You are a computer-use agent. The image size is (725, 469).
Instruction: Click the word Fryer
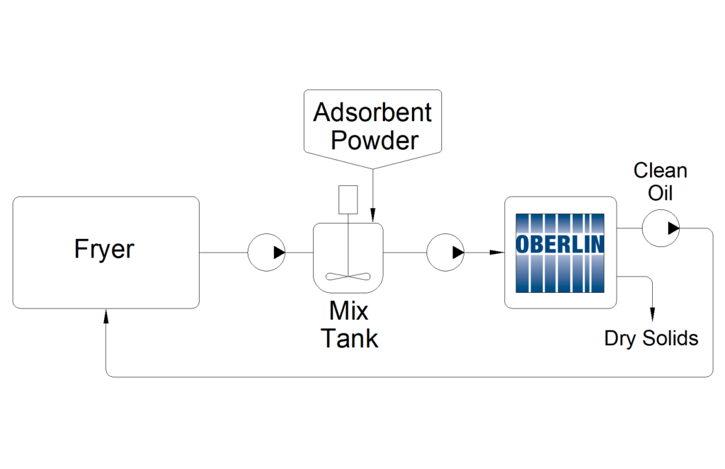pyautogui.click(x=104, y=250)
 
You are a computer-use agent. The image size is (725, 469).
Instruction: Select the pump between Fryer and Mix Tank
pyautogui.click(x=266, y=252)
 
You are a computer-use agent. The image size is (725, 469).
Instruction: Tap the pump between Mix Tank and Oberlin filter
pyautogui.click(x=445, y=252)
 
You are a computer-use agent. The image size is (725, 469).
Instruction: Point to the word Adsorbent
pyautogui.click(x=372, y=112)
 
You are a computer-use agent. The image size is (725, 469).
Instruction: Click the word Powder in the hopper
pyautogui.click(x=375, y=140)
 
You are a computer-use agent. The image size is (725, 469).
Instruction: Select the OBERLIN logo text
pyautogui.click(x=560, y=244)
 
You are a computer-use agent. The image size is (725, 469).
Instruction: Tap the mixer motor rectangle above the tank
pyautogui.click(x=348, y=199)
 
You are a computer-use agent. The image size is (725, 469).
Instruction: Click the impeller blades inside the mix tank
pyautogui.click(x=347, y=277)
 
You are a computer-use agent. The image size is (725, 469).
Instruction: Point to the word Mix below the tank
pyautogui.click(x=348, y=311)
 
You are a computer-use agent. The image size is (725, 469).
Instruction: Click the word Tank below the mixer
pyautogui.click(x=349, y=338)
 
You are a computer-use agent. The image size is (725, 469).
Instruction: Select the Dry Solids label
pyautogui.click(x=651, y=338)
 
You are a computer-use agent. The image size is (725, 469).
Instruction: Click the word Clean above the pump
pyautogui.click(x=660, y=170)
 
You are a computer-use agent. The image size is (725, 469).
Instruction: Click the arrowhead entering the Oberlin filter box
pyautogui.click(x=499, y=252)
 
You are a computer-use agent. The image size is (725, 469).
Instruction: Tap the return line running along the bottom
pyautogui.click(x=411, y=376)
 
